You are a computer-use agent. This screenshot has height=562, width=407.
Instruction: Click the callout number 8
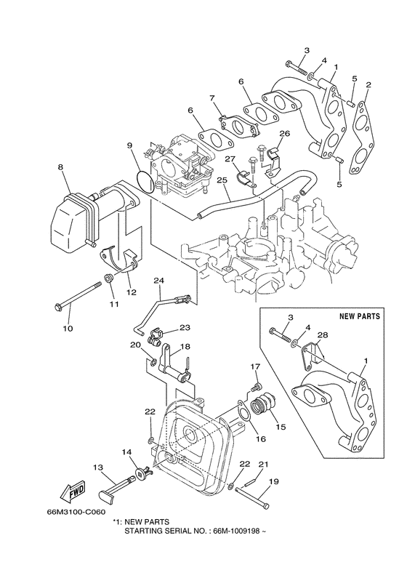coord(60,167)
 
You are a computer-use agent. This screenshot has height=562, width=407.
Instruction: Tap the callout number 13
coord(97,467)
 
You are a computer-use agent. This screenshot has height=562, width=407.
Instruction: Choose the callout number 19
coord(274,481)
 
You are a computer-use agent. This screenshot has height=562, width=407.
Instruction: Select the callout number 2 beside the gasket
coord(368,86)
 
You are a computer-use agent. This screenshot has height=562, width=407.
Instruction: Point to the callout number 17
coord(256,366)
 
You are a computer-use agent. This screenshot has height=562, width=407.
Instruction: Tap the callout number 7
coord(212,97)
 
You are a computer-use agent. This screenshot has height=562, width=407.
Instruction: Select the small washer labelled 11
coord(108,278)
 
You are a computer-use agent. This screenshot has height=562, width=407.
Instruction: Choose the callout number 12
coord(132,293)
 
